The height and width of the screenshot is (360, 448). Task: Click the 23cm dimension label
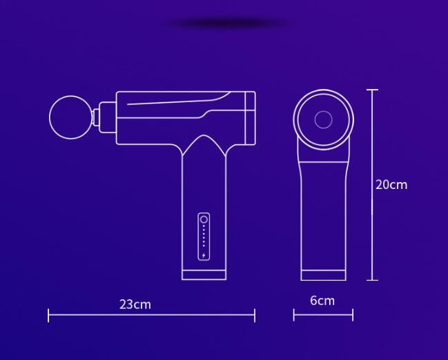pyautogui.click(x=135, y=304)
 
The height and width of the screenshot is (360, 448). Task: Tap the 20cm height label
pyautogui.click(x=391, y=184)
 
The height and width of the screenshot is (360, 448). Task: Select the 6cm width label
pyautogui.click(x=322, y=300)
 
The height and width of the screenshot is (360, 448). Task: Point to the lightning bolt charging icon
pyautogui.click(x=204, y=257)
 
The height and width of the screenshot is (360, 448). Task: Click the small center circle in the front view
pyautogui.click(x=323, y=119)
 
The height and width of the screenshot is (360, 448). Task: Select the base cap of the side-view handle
pyautogui.click(x=204, y=274)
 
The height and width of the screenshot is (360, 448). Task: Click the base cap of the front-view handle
pyautogui.click(x=323, y=275)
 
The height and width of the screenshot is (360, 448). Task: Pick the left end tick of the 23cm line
pyautogui.click(x=48, y=315)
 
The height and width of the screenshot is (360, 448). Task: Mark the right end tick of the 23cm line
pyautogui.click(x=255, y=315)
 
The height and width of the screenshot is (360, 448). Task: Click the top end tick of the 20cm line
pyautogui.click(x=373, y=90)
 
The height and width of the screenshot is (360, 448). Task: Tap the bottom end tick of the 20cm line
pyautogui.click(x=373, y=280)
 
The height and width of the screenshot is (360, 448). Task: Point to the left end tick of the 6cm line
pyautogui.click(x=294, y=315)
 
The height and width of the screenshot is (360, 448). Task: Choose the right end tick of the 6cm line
pyautogui.click(x=353, y=315)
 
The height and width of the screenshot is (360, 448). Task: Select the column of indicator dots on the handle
pyautogui.click(x=204, y=239)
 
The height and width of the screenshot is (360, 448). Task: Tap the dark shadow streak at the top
pyautogui.click(x=228, y=23)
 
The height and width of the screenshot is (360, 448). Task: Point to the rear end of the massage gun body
pyautogui.click(x=252, y=117)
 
